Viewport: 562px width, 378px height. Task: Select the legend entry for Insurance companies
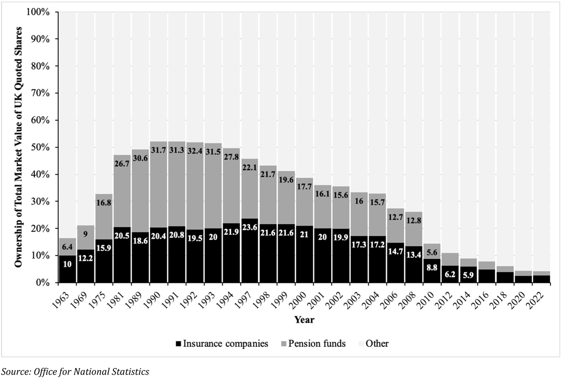point(222,343)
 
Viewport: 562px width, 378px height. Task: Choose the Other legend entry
point(372,343)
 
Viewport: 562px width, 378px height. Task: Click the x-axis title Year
point(304,320)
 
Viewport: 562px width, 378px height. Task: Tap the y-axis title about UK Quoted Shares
point(18,147)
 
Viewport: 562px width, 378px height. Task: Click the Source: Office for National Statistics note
point(75,372)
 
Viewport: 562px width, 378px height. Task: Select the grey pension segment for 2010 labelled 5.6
point(432,252)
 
